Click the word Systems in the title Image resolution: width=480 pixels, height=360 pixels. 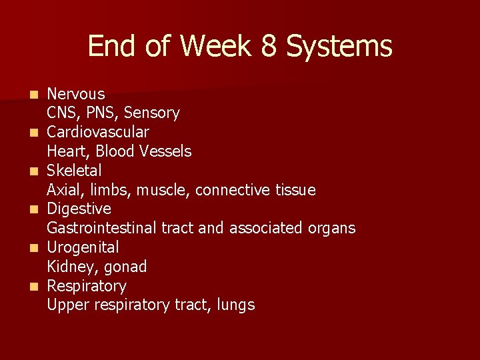click(x=339, y=47)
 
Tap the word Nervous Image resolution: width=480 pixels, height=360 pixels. click(x=75, y=94)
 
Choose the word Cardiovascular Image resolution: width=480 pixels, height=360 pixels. click(x=97, y=132)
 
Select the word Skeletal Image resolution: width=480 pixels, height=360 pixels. click(x=74, y=171)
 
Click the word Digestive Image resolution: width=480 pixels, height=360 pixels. click(x=79, y=209)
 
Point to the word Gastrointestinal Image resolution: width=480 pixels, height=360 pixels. click(x=102, y=228)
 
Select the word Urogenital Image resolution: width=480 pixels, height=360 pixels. click(x=83, y=247)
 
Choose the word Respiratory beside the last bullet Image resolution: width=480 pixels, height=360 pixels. click(x=86, y=286)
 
